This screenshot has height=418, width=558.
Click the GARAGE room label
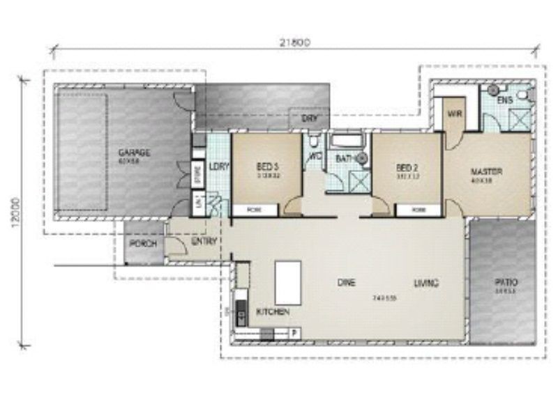[x=134, y=153]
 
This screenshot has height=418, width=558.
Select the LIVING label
[x=425, y=283]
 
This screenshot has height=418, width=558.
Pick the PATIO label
[x=506, y=282]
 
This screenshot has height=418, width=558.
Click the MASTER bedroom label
[x=486, y=171]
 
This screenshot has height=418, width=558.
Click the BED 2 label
[x=406, y=168]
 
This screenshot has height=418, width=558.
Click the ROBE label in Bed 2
[x=418, y=210]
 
